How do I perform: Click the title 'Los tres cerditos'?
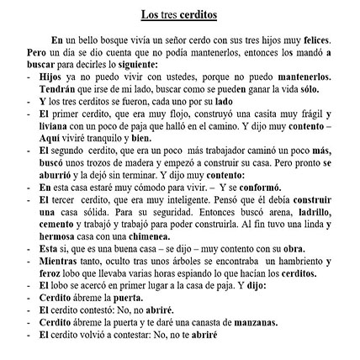[x=180, y=19]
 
